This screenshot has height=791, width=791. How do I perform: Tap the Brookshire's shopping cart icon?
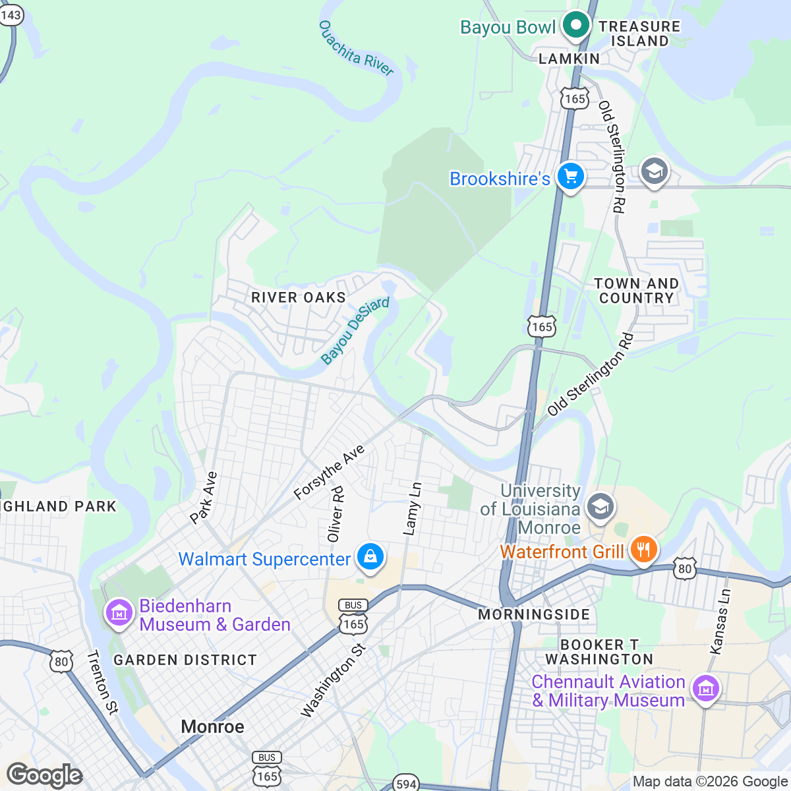571,177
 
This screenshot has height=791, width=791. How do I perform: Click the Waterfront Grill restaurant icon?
643,549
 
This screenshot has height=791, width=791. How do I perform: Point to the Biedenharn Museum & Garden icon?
119,614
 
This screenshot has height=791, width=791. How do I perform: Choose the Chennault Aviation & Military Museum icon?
705,689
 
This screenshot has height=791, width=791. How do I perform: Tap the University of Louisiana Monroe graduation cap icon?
601,508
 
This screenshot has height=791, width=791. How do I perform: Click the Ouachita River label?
356,49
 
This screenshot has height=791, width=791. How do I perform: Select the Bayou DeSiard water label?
355,330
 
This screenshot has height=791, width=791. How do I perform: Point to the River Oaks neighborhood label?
299,298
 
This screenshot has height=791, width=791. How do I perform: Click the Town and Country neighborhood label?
636,291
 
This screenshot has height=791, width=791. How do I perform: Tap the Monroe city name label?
212,726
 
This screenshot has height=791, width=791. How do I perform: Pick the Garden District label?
185,660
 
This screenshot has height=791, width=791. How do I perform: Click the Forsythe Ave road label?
329,472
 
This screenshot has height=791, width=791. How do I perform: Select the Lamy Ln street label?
412,509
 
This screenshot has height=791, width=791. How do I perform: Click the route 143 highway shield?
11,15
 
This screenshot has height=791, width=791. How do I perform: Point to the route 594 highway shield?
405,784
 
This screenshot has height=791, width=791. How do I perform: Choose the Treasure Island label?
639,34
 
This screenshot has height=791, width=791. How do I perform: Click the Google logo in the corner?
44,775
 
